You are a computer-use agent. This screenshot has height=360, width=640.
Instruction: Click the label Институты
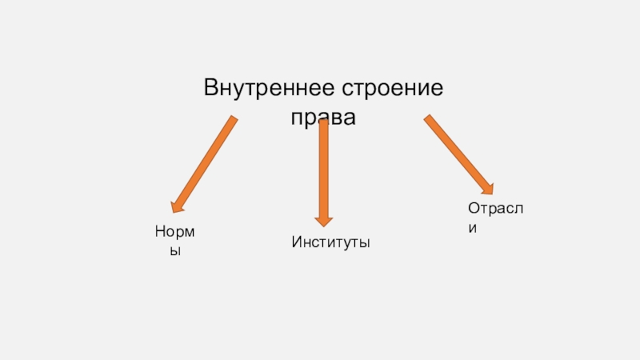pos(330,241)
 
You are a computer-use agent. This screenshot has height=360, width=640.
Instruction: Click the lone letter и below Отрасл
pos(473,227)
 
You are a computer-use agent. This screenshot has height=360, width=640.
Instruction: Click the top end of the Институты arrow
pos(323,122)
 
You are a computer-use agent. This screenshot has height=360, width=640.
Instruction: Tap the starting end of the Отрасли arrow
pos(428,119)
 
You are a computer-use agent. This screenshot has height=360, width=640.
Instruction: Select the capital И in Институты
pos(296,241)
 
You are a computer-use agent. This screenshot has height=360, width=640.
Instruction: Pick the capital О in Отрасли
pos(473,208)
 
